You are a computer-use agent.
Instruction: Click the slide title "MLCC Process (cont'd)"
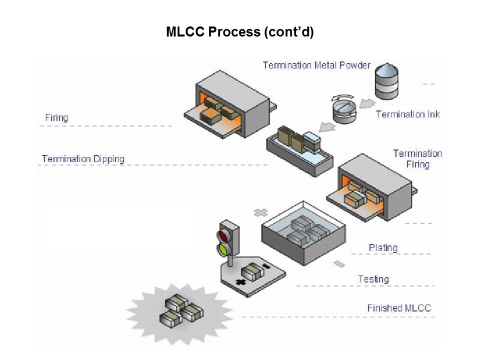(x=239, y=32)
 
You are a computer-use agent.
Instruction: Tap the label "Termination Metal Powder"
(x=316, y=65)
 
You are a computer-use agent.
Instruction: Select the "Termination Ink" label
(x=407, y=114)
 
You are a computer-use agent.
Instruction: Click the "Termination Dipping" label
(x=83, y=159)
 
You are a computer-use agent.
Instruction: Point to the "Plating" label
(x=383, y=247)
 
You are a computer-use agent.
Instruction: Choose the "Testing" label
(x=373, y=279)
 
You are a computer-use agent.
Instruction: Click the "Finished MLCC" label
(x=399, y=308)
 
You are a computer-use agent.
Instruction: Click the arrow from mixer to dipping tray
(x=327, y=126)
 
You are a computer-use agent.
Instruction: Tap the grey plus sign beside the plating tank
(x=260, y=212)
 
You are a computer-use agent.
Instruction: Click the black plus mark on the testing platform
(x=241, y=282)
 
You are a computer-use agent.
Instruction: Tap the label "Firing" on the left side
(x=56, y=118)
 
